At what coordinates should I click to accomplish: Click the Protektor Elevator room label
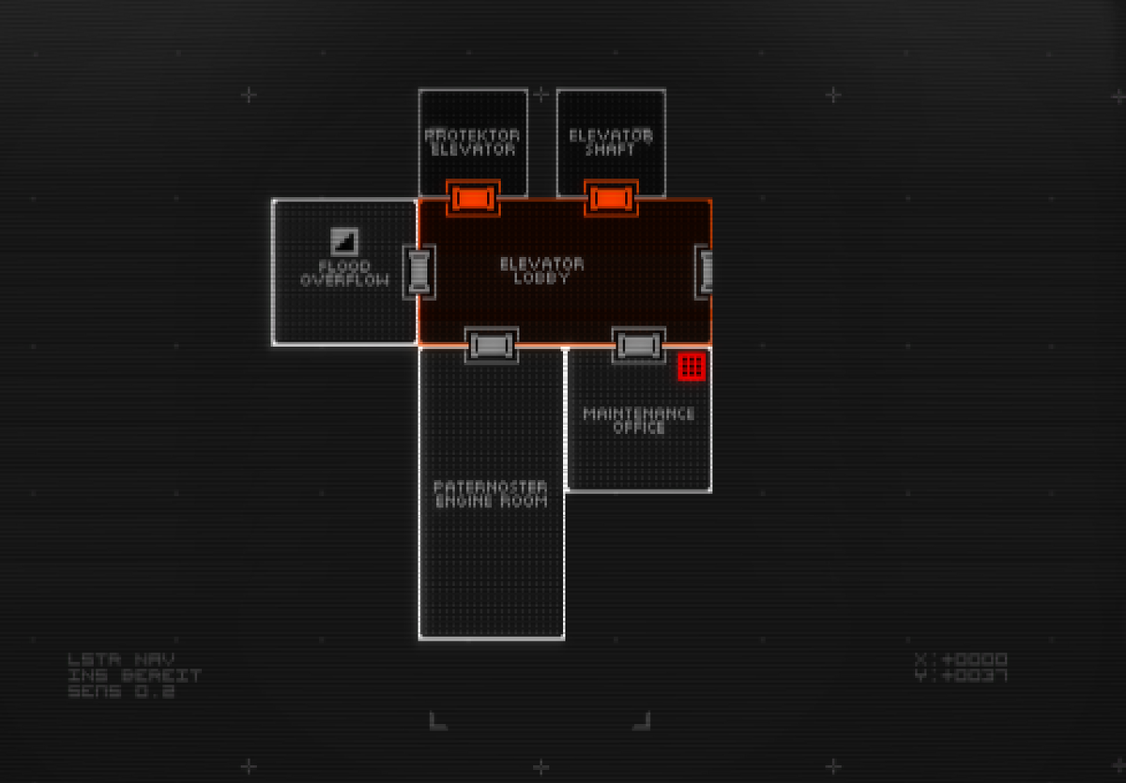coord(472,142)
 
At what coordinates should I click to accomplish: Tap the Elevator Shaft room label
coord(611,142)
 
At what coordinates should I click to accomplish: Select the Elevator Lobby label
coord(541,271)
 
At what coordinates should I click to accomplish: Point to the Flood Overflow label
coord(344,273)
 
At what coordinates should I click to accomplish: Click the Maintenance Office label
coord(639,420)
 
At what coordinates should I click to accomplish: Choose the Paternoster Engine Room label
coord(491,493)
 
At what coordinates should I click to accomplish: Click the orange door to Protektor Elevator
coord(472,198)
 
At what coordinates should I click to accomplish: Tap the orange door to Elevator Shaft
coord(611,198)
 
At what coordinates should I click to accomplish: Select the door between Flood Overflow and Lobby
coord(418,272)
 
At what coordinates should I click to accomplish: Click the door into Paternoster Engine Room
coord(492,345)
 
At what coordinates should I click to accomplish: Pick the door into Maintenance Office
coord(639,345)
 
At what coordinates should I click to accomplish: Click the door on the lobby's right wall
coord(706,272)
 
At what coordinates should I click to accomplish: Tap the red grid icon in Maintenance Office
coord(692,367)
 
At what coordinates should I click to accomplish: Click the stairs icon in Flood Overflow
coord(344,241)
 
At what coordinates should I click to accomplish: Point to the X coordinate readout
coord(961,659)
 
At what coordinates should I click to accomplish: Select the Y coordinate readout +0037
coord(961,675)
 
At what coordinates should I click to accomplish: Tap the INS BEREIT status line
coord(134,675)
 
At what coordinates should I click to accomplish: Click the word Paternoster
coord(491,487)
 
